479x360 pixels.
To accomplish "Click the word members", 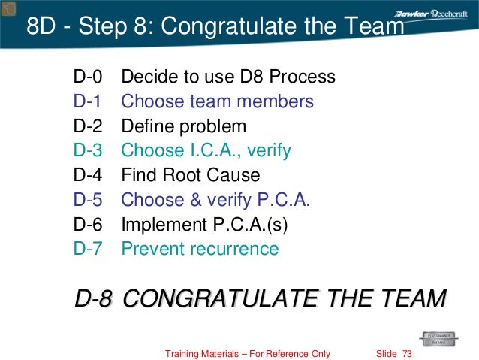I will pyautogui.click(x=274, y=101).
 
